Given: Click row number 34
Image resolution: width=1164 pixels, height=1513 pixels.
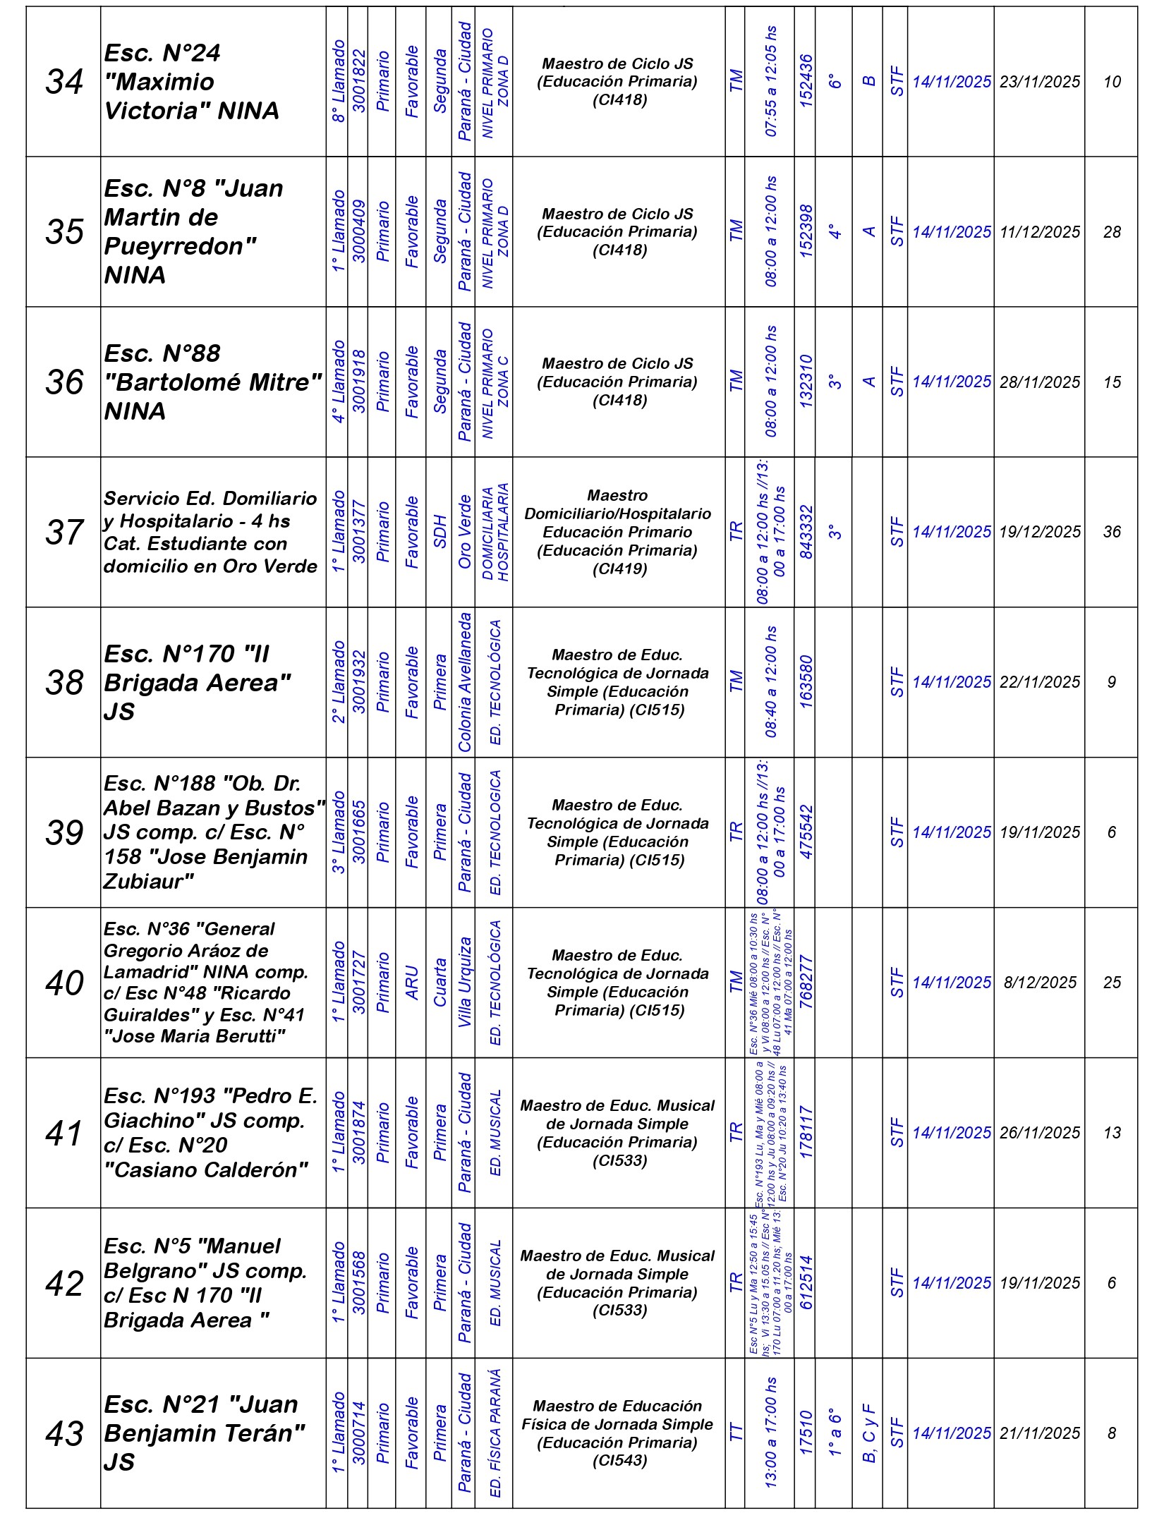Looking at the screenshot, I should click(x=63, y=82).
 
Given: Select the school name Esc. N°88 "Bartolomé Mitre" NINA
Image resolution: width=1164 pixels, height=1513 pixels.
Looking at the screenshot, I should click(x=212, y=382).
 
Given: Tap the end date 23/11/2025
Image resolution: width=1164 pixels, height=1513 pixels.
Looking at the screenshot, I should click(x=1039, y=82).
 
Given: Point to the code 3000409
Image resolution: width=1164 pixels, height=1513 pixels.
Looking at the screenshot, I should click(x=358, y=232).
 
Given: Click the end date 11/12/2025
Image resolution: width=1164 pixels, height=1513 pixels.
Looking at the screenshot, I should click(x=1039, y=232).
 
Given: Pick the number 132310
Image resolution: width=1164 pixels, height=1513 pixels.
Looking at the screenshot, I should click(x=805, y=382).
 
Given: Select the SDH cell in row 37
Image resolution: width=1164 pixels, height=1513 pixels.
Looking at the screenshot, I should click(x=440, y=532).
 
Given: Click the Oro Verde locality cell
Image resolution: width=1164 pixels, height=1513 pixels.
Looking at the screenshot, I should click(x=464, y=532).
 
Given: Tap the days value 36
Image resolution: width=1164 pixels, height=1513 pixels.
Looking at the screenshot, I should click(x=1111, y=532).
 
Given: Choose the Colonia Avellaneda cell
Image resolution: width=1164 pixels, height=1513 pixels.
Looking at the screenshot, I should click(x=464, y=682).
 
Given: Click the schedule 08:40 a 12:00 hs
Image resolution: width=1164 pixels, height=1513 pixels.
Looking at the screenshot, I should click(x=770, y=682).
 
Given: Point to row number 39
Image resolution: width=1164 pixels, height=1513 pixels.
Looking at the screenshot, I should click(x=63, y=832).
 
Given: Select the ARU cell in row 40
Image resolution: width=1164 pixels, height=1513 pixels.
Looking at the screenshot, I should click(x=412, y=983).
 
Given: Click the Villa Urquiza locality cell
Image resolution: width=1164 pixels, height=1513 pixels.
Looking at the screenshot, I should click(x=464, y=983).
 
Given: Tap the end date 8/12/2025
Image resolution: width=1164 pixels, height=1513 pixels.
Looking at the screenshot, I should click(x=1039, y=983).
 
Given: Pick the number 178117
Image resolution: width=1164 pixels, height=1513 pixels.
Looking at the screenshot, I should click(x=805, y=1133).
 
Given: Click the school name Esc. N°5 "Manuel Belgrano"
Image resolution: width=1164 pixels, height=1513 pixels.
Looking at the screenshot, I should click(x=205, y=1283).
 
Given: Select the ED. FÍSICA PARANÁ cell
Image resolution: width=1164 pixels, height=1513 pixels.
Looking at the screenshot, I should click(x=495, y=1433).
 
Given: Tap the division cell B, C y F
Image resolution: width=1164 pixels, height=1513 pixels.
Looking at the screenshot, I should click(x=868, y=1433).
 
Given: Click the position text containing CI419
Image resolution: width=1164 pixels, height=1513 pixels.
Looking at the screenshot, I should click(x=618, y=532).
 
